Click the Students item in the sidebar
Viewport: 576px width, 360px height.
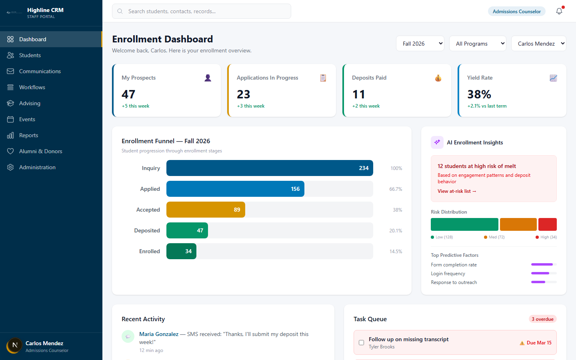(x=30, y=55)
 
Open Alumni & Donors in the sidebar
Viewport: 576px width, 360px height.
(x=40, y=151)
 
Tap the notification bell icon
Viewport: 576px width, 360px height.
(x=559, y=11)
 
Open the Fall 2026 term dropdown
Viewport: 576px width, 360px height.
(x=420, y=44)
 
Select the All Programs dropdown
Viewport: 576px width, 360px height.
(x=478, y=44)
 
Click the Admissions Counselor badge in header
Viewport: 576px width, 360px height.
(x=516, y=11)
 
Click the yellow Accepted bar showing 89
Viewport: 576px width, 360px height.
(x=206, y=210)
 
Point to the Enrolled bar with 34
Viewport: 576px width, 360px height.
(x=181, y=251)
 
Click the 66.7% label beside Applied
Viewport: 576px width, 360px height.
(x=396, y=189)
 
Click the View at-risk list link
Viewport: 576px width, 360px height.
(x=457, y=191)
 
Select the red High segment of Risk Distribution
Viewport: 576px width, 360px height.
(x=547, y=224)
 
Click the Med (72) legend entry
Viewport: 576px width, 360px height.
(x=494, y=237)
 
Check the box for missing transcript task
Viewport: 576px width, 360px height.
(x=361, y=342)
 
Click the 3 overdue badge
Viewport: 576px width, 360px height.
(x=542, y=319)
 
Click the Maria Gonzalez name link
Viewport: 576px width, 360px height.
(x=159, y=334)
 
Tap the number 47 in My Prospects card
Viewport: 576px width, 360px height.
(x=128, y=94)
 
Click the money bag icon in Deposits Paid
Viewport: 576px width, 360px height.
(x=438, y=78)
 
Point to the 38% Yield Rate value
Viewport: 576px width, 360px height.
(x=479, y=94)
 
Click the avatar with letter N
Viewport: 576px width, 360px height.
(x=15, y=345)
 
